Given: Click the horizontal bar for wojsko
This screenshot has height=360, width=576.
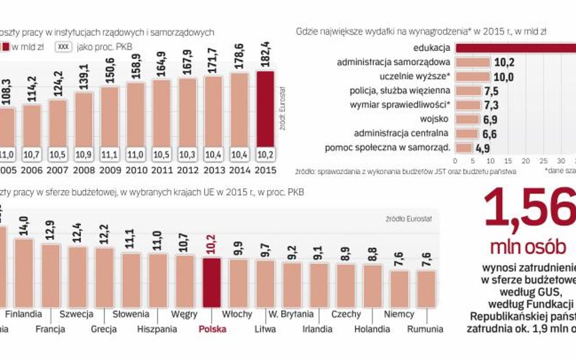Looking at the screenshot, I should (467, 119).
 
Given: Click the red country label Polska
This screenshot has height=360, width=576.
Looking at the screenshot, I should (213, 329).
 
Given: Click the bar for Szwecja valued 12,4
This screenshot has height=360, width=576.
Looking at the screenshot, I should (77, 276).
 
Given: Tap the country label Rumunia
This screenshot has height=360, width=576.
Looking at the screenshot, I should (425, 329).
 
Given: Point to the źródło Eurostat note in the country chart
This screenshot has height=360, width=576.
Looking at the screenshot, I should (408, 219).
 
